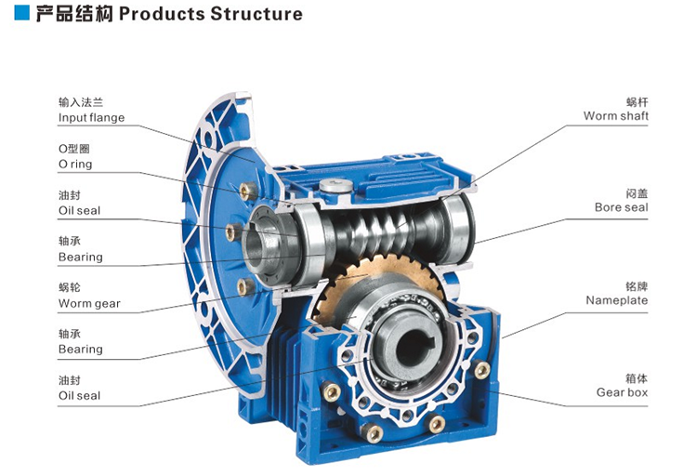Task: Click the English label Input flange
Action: pos(91,118)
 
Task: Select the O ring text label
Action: pos(75,165)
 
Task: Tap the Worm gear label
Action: pos(89,303)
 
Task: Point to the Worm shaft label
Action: pos(616,116)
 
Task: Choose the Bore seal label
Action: pos(622,207)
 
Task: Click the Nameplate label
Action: pos(617,300)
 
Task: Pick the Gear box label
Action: pos(622,392)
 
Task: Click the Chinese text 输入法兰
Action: pos(75,102)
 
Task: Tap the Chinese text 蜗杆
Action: pos(637,100)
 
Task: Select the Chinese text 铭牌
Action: pos(637,285)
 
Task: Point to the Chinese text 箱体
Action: pos(637,377)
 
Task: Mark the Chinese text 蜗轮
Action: pos(69,288)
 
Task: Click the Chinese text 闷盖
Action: pos(637,192)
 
